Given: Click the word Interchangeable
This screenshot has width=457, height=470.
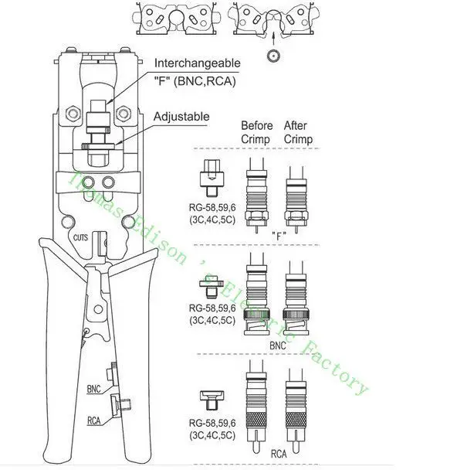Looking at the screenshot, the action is click(x=197, y=63).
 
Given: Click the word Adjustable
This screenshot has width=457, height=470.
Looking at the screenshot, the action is click(x=181, y=117).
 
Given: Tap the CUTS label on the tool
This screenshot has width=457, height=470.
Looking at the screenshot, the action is click(x=80, y=237).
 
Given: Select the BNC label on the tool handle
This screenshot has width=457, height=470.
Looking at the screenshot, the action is click(x=93, y=389).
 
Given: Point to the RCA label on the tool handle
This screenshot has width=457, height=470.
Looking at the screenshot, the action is click(x=93, y=421).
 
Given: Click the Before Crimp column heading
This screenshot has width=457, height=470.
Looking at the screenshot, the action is click(x=256, y=132).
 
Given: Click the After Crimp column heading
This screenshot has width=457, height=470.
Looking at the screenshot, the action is click(x=298, y=132).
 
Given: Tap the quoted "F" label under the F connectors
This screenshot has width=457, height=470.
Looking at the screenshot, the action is click(x=279, y=237).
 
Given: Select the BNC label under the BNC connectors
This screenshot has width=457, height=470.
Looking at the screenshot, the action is click(x=278, y=346).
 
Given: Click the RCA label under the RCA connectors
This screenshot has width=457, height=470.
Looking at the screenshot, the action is click(x=279, y=454).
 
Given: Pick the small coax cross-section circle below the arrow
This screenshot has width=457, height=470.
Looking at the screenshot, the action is click(x=273, y=56).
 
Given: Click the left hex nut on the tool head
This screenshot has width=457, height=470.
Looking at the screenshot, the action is click(x=73, y=114).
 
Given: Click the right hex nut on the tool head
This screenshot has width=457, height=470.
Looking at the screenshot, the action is click(x=123, y=114).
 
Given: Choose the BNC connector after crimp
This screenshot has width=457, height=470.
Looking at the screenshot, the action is click(x=296, y=298).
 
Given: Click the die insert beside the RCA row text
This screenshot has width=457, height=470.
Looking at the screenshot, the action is click(x=212, y=400).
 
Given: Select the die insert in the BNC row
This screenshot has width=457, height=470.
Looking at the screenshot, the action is click(x=212, y=288).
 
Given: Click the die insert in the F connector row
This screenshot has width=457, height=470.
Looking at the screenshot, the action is click(x=212, y=179).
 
